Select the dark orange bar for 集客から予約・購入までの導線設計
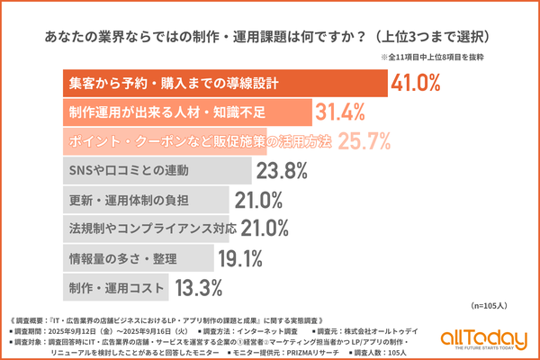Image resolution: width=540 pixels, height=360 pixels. tap(225, 83)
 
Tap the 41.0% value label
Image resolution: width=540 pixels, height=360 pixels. tap(416, 83)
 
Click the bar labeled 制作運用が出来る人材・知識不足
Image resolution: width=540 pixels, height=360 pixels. tap(189, 112)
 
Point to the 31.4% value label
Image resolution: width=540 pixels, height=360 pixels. tap(341, 112)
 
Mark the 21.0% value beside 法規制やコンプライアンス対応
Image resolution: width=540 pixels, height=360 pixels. tap(262, 228)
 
